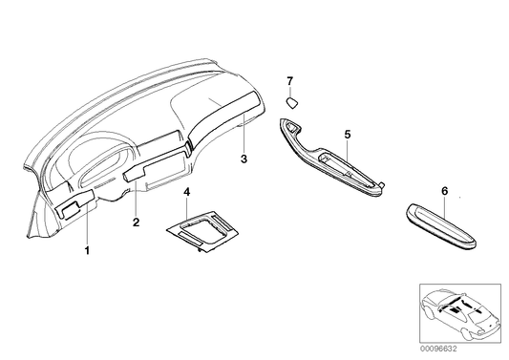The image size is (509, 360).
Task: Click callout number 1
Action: [87, 250]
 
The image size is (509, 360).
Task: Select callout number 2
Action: [136, 222]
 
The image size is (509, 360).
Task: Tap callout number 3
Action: [244, 159]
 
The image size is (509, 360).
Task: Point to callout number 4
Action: [186, 192]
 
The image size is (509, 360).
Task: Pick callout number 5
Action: [348, 134]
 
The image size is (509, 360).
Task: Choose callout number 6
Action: [444, 191]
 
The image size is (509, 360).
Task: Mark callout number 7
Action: [290, 80]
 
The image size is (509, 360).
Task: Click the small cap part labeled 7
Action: [292, 103]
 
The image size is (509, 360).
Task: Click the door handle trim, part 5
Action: [331, 159]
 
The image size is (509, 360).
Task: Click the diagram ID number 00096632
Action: [438, 349]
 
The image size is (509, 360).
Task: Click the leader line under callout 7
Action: [290, 91]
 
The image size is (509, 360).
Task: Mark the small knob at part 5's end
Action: [383, 185]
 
